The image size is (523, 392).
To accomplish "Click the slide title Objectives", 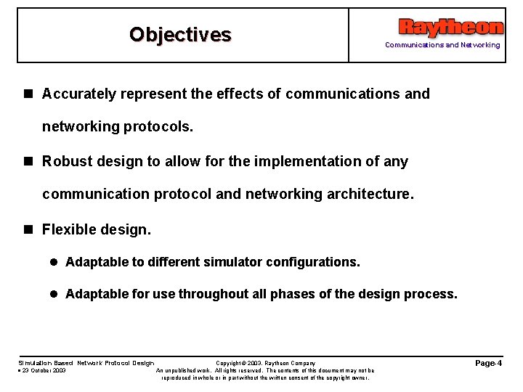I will [180, 35].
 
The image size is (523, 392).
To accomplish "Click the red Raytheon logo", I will [450, 28].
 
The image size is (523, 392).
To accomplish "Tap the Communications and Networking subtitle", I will [442, 45].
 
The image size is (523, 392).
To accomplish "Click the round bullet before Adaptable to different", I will [54, 262].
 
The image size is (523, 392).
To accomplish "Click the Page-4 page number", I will [488, 363].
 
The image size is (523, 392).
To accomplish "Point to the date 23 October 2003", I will [43, 370].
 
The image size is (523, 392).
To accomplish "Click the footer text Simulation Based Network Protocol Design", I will [86, 363].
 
